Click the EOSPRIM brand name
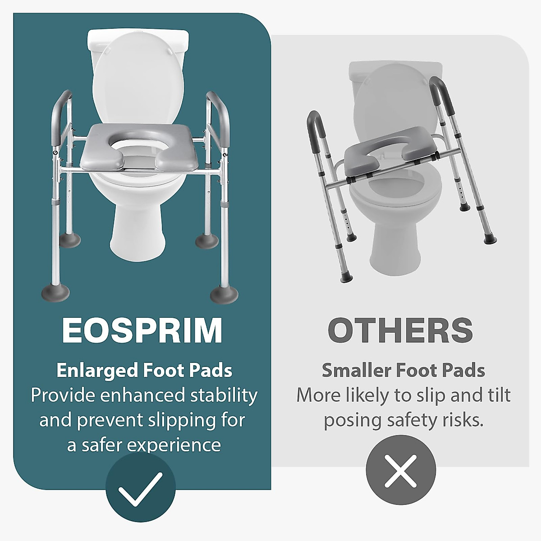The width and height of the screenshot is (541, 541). pos(142,330)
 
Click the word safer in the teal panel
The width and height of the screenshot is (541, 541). pos(101,445)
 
